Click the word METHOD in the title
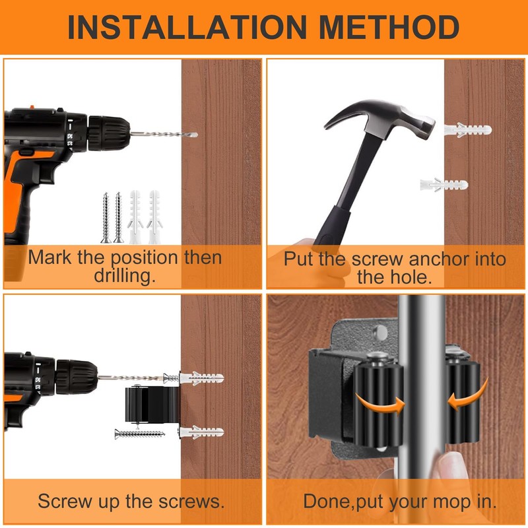[x=389, y=27]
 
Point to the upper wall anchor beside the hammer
[x=468, y=130]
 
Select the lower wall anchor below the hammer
[x=444, y=185]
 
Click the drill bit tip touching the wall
[x=195, y=135]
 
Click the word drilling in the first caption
[x=125, y=276]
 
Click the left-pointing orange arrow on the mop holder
[x=467, y=395]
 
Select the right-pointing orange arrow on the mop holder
[x=380, y=403]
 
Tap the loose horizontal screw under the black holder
[x=140, y=434]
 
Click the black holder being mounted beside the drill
[x=152, y=404]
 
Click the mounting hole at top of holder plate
[x=381, y=333]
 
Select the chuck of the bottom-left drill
[x=77, y=378]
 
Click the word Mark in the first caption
[x=50, y=257]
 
